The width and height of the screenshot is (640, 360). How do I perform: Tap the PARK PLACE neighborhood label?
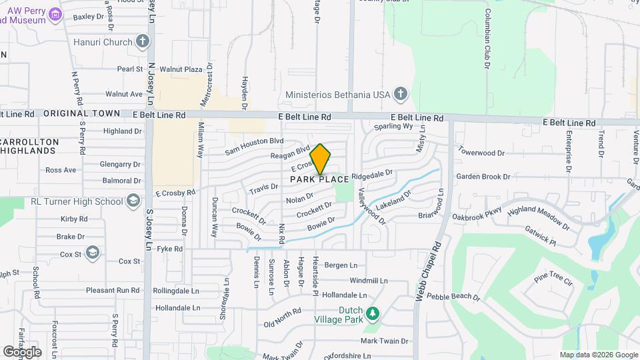pos(319,179)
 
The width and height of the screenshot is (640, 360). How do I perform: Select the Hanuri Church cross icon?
pos(142,43)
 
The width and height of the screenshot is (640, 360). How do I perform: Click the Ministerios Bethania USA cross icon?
pos(400,94)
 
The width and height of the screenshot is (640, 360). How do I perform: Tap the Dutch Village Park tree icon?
pos(373,313)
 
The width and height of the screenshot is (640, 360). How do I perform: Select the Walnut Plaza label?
pos(176,69)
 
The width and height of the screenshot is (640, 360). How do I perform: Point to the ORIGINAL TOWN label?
pos(81,114)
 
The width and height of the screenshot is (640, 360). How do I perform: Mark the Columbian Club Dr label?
pos(487,40)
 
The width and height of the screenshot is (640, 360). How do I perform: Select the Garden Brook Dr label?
pos(483,177)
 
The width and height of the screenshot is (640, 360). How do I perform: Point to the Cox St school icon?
pos(92,253)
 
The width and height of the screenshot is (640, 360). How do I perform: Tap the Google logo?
pos(22,351)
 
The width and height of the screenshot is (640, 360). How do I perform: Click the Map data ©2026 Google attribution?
pos(598,355)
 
